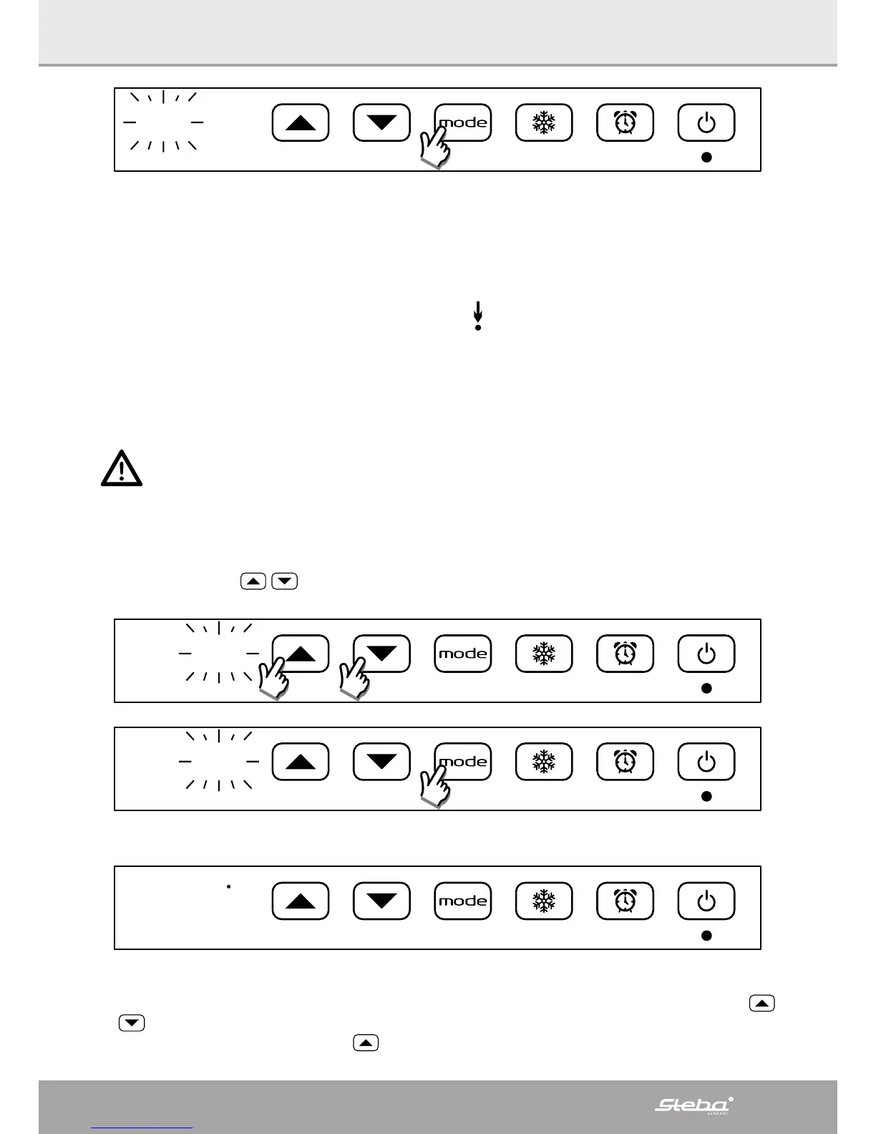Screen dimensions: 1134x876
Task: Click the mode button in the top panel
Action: coord(463,122)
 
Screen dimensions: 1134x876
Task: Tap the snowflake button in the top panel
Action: coord(544,122)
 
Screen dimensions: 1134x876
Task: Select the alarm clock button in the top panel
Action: coord(625,122)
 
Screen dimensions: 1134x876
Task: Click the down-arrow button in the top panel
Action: coord(381,122)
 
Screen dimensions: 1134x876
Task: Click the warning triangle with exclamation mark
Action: coord(122,469)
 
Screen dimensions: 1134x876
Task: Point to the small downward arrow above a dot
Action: coord(478,316)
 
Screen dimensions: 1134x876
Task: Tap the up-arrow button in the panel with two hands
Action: coord(301,654)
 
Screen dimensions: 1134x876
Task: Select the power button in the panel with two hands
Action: coord(706,654)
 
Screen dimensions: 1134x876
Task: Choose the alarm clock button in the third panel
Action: coord(625,762)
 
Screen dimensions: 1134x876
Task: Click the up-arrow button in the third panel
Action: coord(301,762)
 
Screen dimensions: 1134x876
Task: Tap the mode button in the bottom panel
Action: coord(463,901)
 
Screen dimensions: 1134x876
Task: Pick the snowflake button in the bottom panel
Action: coord(544,901)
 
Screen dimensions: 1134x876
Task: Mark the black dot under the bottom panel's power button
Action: coord(706,935)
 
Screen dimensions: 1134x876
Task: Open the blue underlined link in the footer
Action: coord(142,1127)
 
